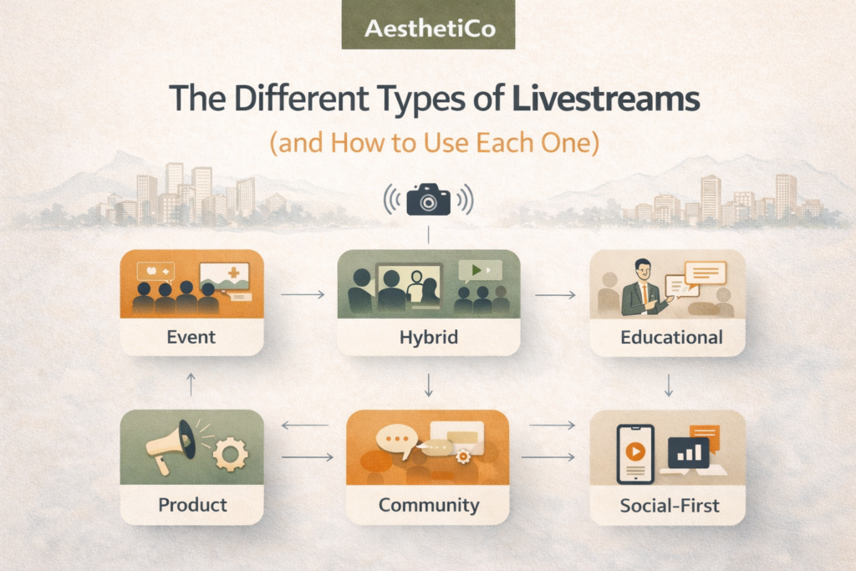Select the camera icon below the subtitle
coord(428,201)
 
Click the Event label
coord(191,337)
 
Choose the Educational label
coord(671,337)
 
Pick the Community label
coord(428,504)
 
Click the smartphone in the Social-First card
coord(634,453)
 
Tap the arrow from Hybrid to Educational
coord(555,294)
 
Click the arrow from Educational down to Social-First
coord(669,385)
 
